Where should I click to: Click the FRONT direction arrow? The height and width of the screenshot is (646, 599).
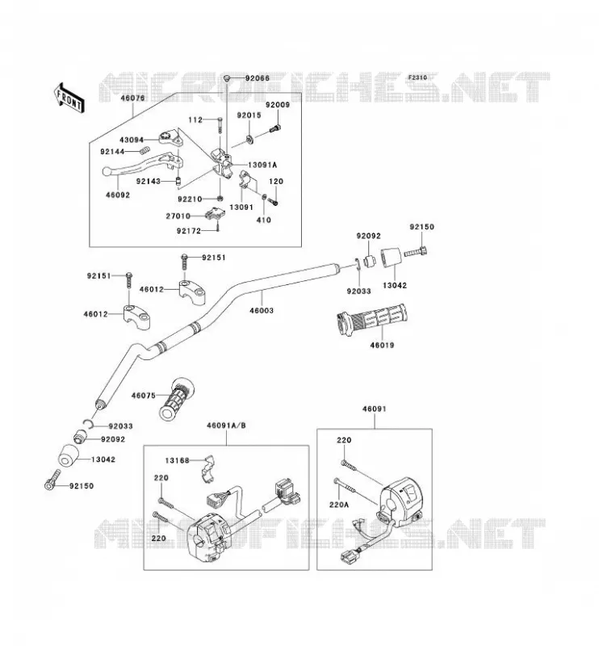69,98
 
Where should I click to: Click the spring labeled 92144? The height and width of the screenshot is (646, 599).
145,151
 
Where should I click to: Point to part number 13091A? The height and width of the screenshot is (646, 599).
262,165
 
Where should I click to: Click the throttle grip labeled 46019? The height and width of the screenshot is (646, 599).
371,319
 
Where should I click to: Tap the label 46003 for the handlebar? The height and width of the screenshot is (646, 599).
262,310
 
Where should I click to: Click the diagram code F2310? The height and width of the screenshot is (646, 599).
417,78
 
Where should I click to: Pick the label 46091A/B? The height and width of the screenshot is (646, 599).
226,426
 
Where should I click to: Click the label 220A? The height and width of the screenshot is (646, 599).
338,504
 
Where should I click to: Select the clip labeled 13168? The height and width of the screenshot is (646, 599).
210,469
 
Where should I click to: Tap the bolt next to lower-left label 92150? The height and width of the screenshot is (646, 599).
52,480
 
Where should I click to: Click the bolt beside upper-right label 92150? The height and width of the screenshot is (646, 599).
416,252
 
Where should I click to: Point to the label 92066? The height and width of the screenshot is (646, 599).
258,78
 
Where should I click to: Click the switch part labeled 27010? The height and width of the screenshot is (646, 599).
215,213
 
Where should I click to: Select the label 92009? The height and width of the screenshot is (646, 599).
278,105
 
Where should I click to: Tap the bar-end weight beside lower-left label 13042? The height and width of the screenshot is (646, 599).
69,455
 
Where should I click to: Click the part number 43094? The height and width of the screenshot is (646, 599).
132,140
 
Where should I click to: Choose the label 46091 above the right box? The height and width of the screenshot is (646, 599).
375,409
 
